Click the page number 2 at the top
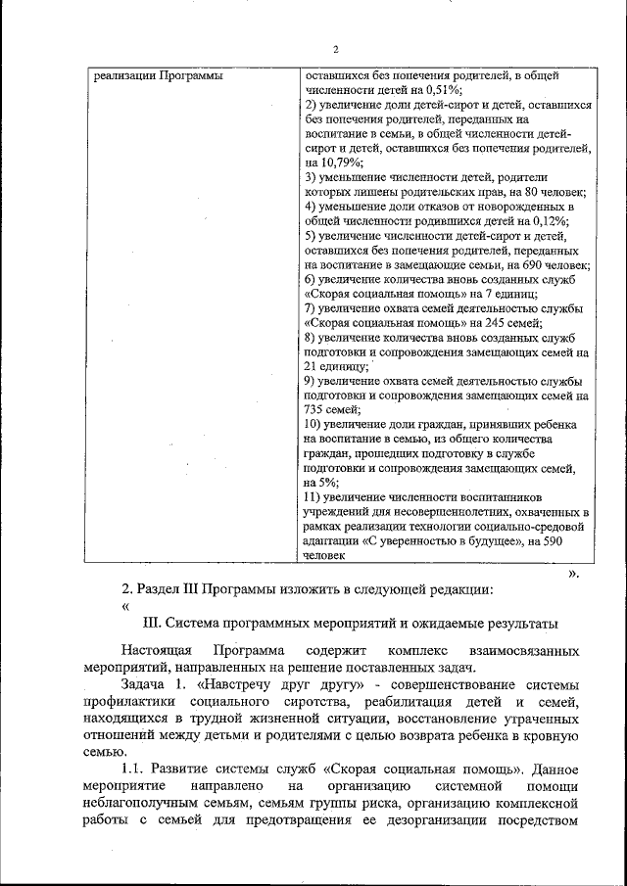(335, 51)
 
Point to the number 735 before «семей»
(317, 411)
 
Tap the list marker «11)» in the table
(315, 497)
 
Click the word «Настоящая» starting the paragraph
(156, 651)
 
